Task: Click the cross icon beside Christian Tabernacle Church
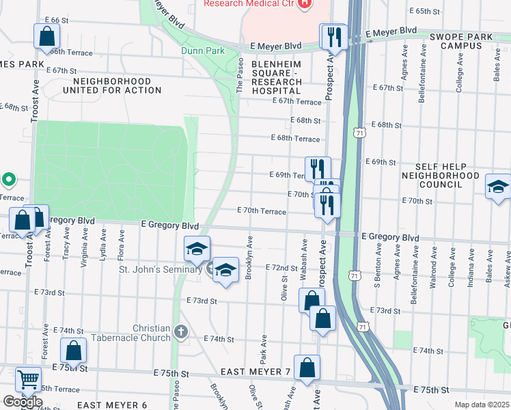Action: pos(180,332)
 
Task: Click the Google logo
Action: pos(23,402)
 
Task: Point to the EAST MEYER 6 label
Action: pos(112,405)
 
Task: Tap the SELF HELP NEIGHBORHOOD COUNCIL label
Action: pos(450,176)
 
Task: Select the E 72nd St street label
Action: pos(281,267)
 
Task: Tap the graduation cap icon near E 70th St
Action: pos(498,185)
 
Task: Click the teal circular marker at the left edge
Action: pos(8,180)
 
